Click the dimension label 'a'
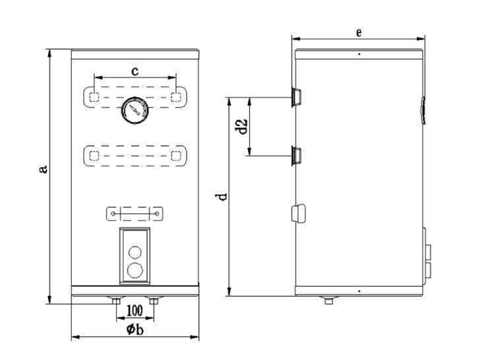point(44,169)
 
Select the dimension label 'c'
point(135,71)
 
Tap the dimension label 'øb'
point(135,329)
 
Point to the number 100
point(135,311)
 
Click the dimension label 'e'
point(359,32)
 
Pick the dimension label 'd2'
point(242,126)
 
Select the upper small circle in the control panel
point(135,252)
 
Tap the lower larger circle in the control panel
point(135,270)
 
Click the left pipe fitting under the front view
point(116,300)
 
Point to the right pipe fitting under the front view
point(154,300)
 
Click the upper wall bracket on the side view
point(296,97)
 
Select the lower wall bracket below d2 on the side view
point(296,155)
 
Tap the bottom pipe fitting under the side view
point(328,300)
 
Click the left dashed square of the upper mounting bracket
point(94,97)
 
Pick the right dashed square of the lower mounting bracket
point(176,155)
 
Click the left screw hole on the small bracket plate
point(113,214)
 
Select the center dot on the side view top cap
point(359,54)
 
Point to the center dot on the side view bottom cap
point(359,291)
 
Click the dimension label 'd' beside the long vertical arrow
point(222,196)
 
